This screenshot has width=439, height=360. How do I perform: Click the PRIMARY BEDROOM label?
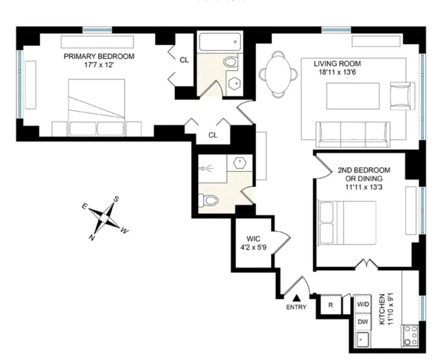99,60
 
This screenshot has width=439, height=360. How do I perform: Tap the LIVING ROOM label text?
337,68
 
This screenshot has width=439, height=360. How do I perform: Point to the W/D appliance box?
363,304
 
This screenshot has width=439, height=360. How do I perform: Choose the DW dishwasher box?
363,322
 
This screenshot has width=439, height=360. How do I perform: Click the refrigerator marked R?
330,305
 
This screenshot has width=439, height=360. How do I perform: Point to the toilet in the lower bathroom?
209,200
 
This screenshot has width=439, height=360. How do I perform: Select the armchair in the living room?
401,95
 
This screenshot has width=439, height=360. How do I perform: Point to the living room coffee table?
353,96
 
